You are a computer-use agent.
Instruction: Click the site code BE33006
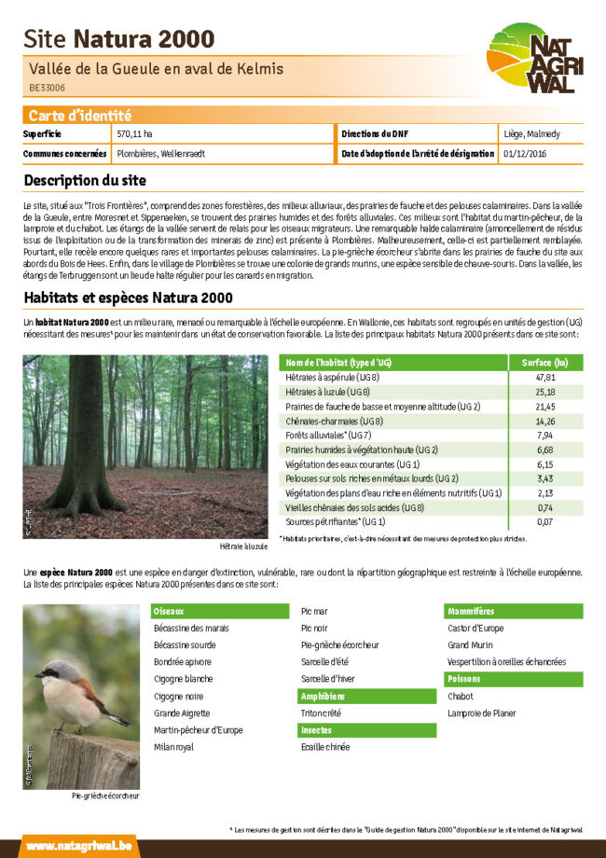tap(47, 88)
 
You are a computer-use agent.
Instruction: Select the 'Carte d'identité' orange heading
tap(79, 116)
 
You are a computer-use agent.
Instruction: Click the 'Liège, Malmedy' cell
tap(530, 134)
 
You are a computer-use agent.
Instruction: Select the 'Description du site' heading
tap(85, 179)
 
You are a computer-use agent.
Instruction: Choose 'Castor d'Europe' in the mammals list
tap(475, 629)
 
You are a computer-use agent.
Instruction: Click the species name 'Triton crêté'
tap(322, 713)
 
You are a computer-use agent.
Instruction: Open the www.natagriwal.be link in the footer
tap(66, 846)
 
